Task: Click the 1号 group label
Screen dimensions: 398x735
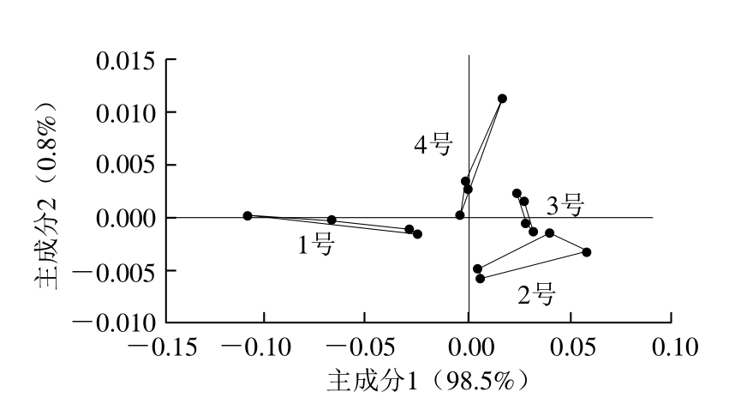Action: tap(315, 245)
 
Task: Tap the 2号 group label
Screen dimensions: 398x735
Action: tap(536, 295)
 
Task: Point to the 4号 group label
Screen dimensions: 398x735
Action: tap(433, 145)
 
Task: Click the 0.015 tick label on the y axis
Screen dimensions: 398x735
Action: tap(125, 61)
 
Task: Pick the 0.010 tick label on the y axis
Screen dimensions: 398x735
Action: tap(125, 113)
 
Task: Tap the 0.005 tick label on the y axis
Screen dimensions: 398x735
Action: tap(125, 166)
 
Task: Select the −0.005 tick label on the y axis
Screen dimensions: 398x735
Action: tap(114, 271)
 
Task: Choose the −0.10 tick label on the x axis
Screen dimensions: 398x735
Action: tap(263, 348)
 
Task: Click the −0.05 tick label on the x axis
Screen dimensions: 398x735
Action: tap(363, 348)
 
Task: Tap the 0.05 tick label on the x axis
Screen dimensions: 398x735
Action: tap(571, 348)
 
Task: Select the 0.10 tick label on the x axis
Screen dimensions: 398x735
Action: tap(672, 348)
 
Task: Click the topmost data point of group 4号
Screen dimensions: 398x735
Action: tap(502, 99)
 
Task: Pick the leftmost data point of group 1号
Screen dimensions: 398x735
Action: tap(248, 216)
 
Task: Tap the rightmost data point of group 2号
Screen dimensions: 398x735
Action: tap(587, 252)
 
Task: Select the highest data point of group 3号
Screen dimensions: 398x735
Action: tap(517, 194)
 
